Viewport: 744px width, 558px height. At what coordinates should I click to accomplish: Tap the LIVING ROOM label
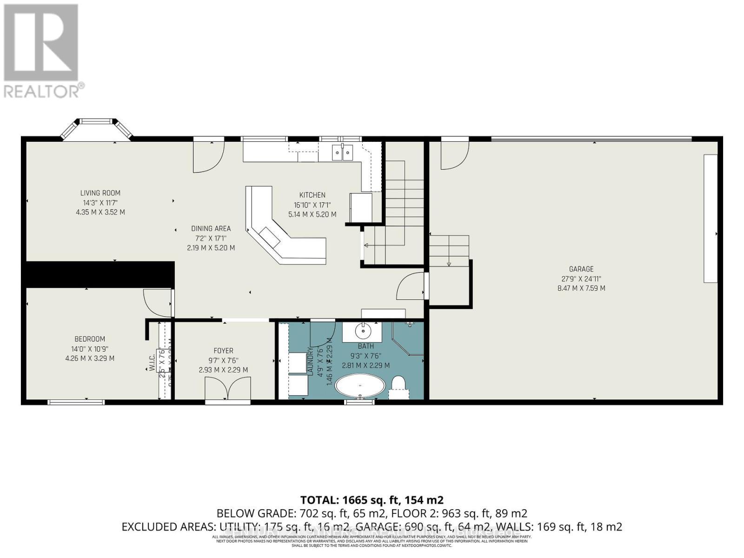click(x=100, y=193)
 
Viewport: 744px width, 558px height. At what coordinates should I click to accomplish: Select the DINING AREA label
click(x=211, y=228)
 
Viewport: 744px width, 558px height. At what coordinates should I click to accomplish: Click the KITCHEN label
click(x=312, y=195)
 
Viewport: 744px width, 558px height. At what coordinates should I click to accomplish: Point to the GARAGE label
click(x=581, y=269)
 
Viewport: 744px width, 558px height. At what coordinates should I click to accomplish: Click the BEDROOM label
click(x=90, y=339)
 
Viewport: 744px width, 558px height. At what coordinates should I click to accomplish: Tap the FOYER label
click(x=223, y=351)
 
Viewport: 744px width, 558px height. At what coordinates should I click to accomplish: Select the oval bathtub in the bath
click(x=360, y=386)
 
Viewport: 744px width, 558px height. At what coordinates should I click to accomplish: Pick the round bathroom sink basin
click(x=362, y=331)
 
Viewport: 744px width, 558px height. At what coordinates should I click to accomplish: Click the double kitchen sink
click(x=342, y=152)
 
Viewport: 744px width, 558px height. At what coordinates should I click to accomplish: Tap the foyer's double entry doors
click(x=228, y=388)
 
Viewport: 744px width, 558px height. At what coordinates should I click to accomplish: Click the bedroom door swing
click(x=157, y=302)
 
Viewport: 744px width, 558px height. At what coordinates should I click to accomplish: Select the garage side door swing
click(x=454, y=155)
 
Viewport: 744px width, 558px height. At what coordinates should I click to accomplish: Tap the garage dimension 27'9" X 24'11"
click(x=581, y=279)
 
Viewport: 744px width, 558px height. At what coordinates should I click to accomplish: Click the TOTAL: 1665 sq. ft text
click(x=372, y=500)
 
